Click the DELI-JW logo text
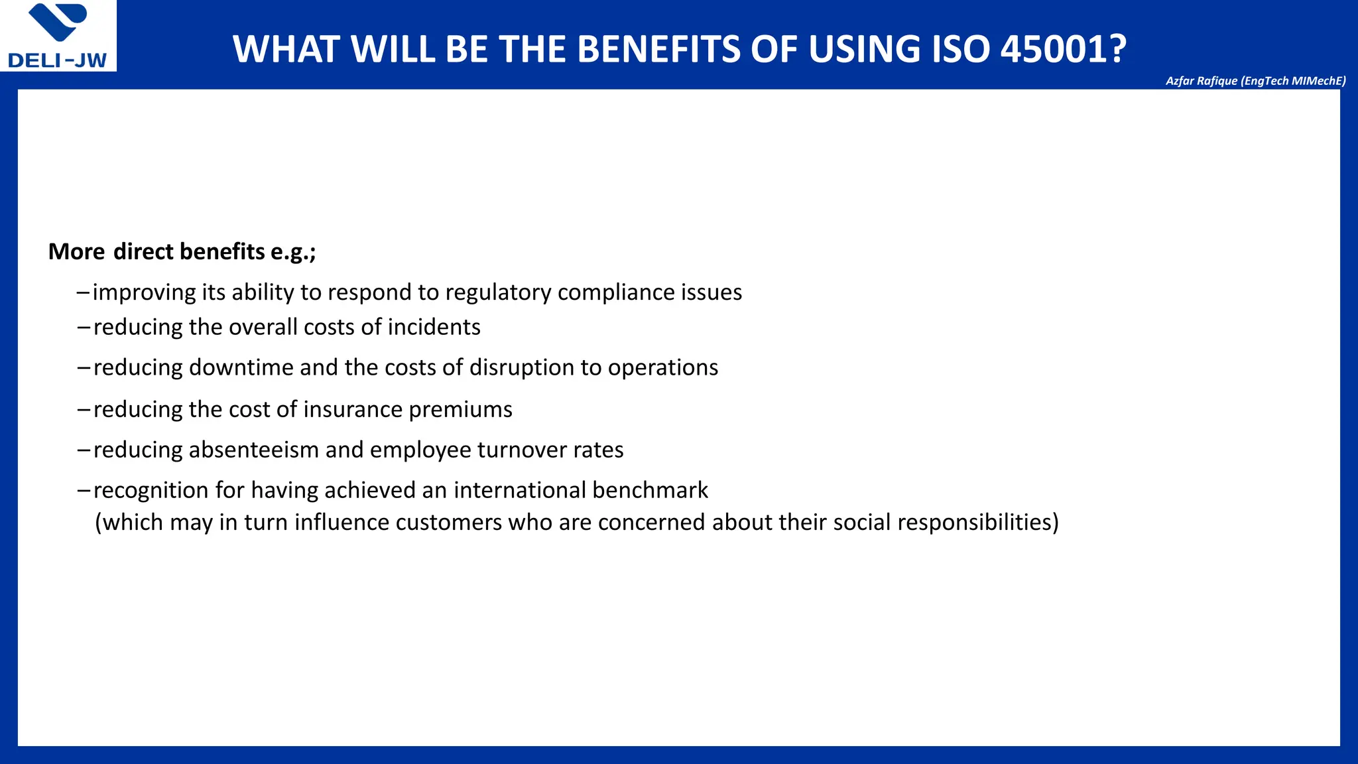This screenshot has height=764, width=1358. (57, 60)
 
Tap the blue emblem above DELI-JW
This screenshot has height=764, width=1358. (58, 22)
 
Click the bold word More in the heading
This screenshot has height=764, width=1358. (76, 252)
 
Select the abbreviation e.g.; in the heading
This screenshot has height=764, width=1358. (293, 252)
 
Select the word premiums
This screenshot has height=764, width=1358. (460, 410)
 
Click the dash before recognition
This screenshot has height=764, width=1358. (84, 491)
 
